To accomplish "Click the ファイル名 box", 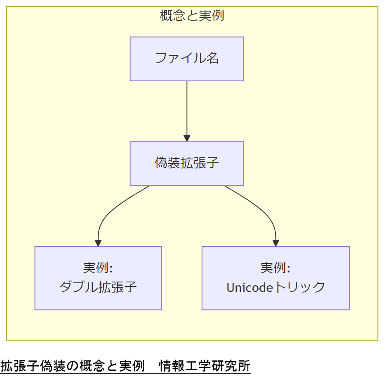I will point(187,59).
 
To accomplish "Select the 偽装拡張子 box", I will point(187,164).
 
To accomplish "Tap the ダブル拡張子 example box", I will point(98,278).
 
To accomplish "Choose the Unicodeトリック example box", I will point(276,278).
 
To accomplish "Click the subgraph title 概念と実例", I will point(192,16).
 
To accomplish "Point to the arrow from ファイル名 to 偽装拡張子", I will point(187,109).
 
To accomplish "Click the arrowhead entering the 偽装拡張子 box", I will point(187,139).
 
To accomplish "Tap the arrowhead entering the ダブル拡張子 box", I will point(98,243).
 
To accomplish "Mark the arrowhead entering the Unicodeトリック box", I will point(276,243).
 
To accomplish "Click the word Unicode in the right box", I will point(250,287).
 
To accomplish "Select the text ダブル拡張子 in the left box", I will point(98,287).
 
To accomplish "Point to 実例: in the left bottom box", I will point(98,268).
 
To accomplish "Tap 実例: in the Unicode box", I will point(276,268).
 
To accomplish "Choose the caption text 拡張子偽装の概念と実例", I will point(72,366).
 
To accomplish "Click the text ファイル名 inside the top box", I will point(187,58).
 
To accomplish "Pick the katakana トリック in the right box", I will point(300,287).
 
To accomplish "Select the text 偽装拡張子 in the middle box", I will point(187,163).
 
